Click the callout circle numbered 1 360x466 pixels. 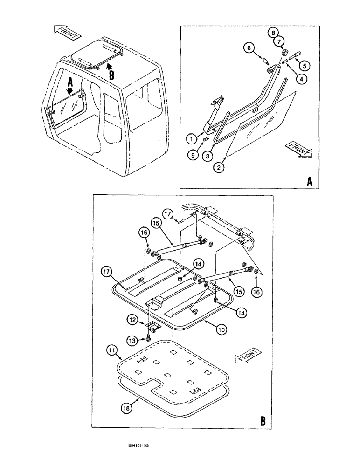(191, 138)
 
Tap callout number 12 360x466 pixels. (132, 320)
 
